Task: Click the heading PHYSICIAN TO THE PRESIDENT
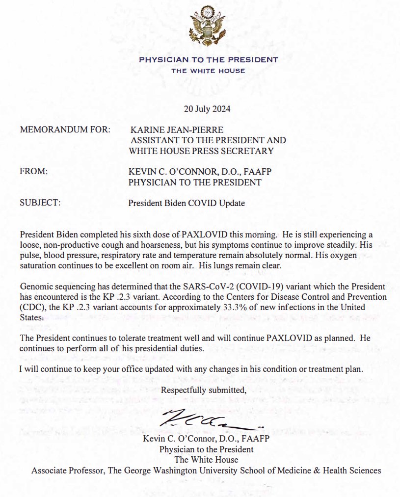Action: (209, 60)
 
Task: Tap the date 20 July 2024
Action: (202, 108)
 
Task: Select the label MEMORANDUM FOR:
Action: (65, 130)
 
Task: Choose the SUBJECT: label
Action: (40, 203)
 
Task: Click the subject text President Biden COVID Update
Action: (187, 203)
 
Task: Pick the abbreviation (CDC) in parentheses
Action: (30, 308)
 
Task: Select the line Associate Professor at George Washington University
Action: (206, 471)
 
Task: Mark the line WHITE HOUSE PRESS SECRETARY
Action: (201, 151)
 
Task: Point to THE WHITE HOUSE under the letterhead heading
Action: (208, 71)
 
